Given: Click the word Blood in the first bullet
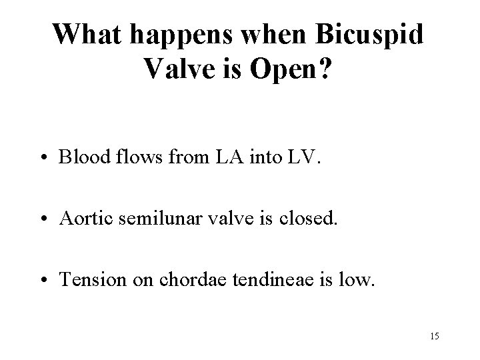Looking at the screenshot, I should (x=81, y=158).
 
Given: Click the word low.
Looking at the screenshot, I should (x=357, y=281).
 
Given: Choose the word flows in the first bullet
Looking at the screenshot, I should (x=131, y=158).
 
